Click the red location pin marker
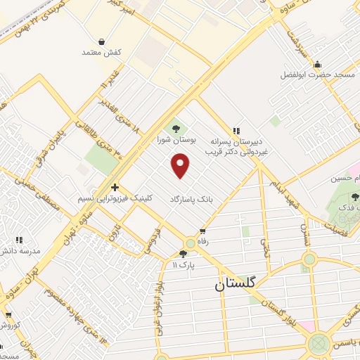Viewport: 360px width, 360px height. coord(181,165)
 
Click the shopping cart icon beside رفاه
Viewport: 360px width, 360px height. coord(202,231)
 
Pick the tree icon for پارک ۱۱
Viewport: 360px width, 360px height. coord(184,254)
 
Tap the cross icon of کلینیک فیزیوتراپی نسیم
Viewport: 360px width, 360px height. coord(115,187)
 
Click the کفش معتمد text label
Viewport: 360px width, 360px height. coord(103,53)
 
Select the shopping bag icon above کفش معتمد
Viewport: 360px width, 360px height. coord(103,41)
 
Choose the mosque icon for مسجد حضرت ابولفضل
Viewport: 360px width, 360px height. coord(317,63)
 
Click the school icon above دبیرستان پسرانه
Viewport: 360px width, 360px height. coord(237,130)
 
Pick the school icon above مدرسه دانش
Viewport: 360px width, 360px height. coord(20,239)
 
